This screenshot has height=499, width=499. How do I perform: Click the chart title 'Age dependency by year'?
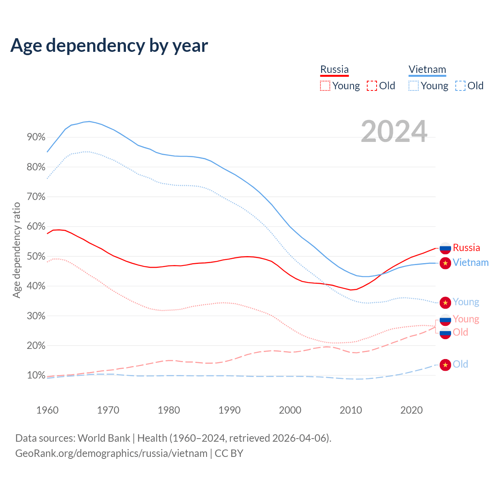[109, 45]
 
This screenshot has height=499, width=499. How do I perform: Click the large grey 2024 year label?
[394, 131]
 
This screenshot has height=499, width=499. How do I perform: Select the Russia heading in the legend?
[334, 69]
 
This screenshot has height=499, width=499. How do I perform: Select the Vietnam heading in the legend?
[427, 69]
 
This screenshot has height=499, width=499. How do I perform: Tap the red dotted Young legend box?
[325, 86]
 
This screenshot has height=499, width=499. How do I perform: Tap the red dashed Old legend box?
[372, 86]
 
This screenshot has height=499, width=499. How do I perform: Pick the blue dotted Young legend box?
[414, 86]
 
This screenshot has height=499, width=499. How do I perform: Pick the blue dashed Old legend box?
[460, 86]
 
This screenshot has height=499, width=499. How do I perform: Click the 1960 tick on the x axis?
[47, 410]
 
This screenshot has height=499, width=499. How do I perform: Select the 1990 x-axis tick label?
[230, 410]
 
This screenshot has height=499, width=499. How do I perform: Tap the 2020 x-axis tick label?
[412, 410]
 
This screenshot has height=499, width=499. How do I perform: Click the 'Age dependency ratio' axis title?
[16, 250]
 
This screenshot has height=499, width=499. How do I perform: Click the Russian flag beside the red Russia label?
[445, 248]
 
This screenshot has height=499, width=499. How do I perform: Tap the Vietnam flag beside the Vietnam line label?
[445, 263]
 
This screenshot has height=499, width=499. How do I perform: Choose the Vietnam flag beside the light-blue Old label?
[445, 365]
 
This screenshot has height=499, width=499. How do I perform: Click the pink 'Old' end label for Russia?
[460, 332]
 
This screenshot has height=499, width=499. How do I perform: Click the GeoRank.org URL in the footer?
[111, 453]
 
